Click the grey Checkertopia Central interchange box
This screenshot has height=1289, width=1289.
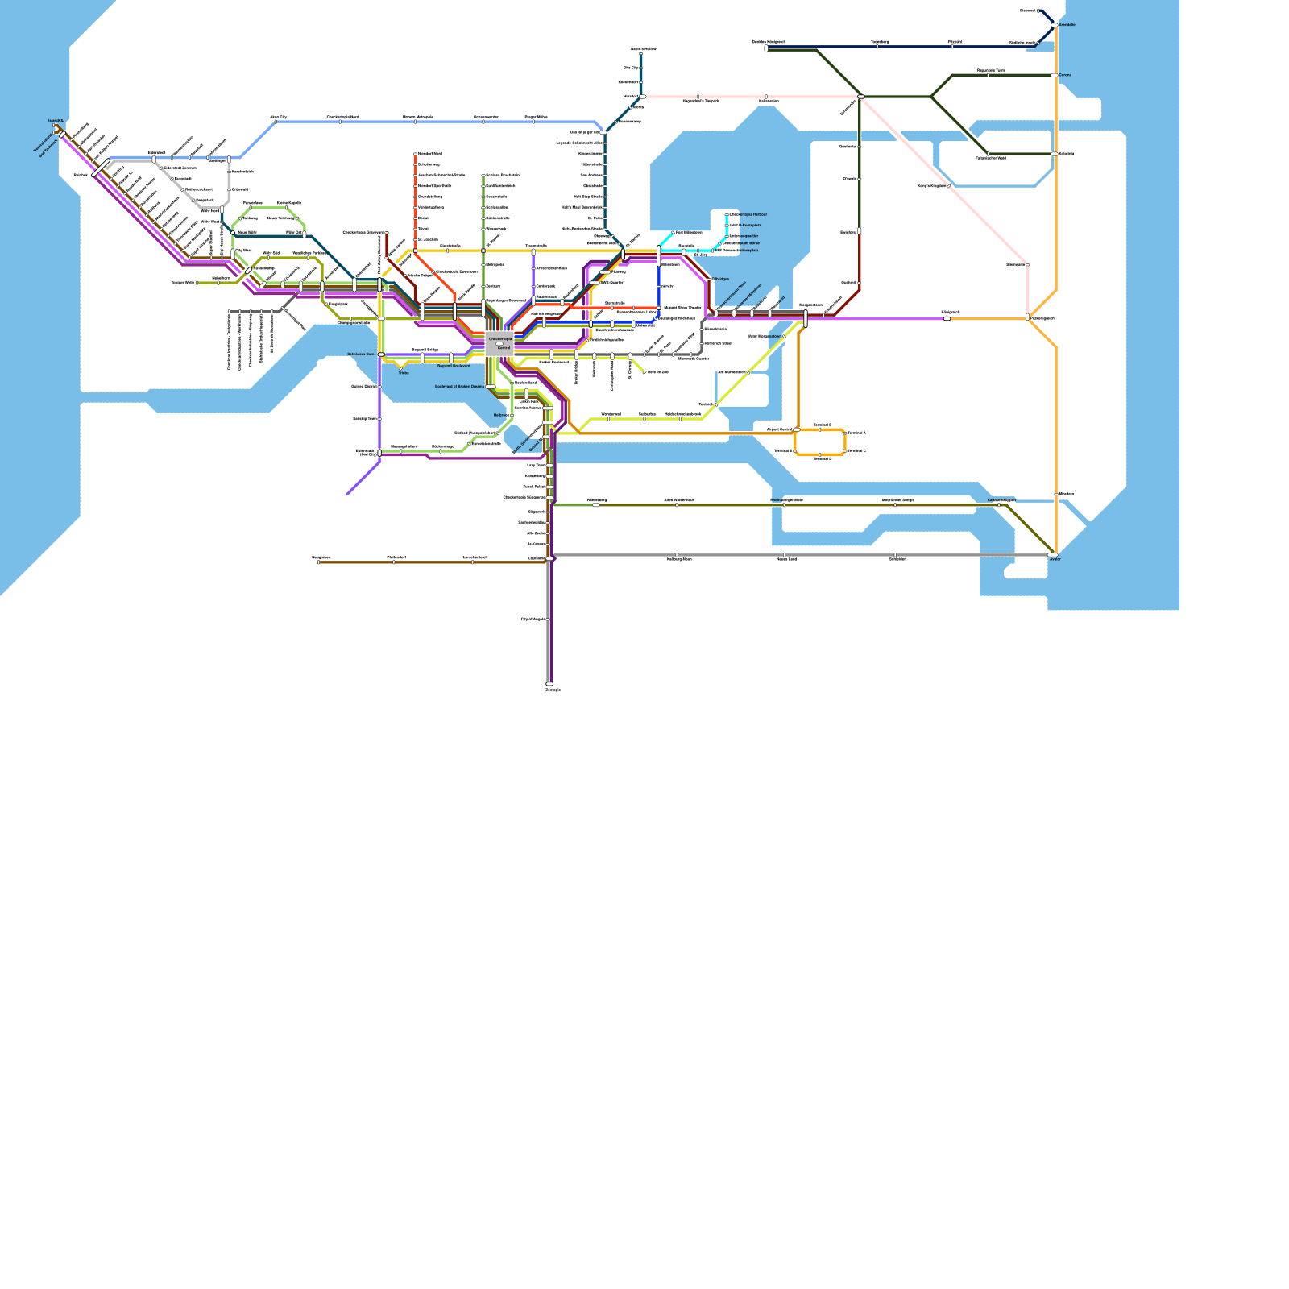(x=499, y=344)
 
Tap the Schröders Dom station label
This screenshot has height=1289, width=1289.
(x=361, y=354)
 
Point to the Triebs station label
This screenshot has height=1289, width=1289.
(x=404, y=373)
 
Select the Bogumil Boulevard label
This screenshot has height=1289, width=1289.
(x=454, y=366)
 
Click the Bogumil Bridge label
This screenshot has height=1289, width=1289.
(x=425, y=350)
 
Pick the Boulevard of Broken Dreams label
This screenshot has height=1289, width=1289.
(x=459, y=387)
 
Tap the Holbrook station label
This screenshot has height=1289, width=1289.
(x=501, y=415)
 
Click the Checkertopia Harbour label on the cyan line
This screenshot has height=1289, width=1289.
(x=748, y=215)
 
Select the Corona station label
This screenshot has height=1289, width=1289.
(x=1065, y=75)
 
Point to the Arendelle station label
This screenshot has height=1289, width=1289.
(x=1067, y=25)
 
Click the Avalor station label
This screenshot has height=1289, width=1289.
(x=1055, y=559)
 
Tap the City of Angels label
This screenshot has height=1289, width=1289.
(x=533, y=619)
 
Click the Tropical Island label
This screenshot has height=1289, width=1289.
(x=42, y=145)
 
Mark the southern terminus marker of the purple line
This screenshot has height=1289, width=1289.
(x=549, y=684)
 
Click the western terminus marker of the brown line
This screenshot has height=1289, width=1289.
(x=319, y=562)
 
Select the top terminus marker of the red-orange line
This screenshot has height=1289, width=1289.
(x=416, y=154)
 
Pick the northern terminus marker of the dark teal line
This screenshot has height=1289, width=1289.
(x=641, y=54)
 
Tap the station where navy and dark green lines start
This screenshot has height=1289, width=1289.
(x=766, y=48)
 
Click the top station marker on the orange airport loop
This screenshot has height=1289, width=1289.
(x=820, y=429)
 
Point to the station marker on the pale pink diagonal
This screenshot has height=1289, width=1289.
(x=951, y=186)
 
